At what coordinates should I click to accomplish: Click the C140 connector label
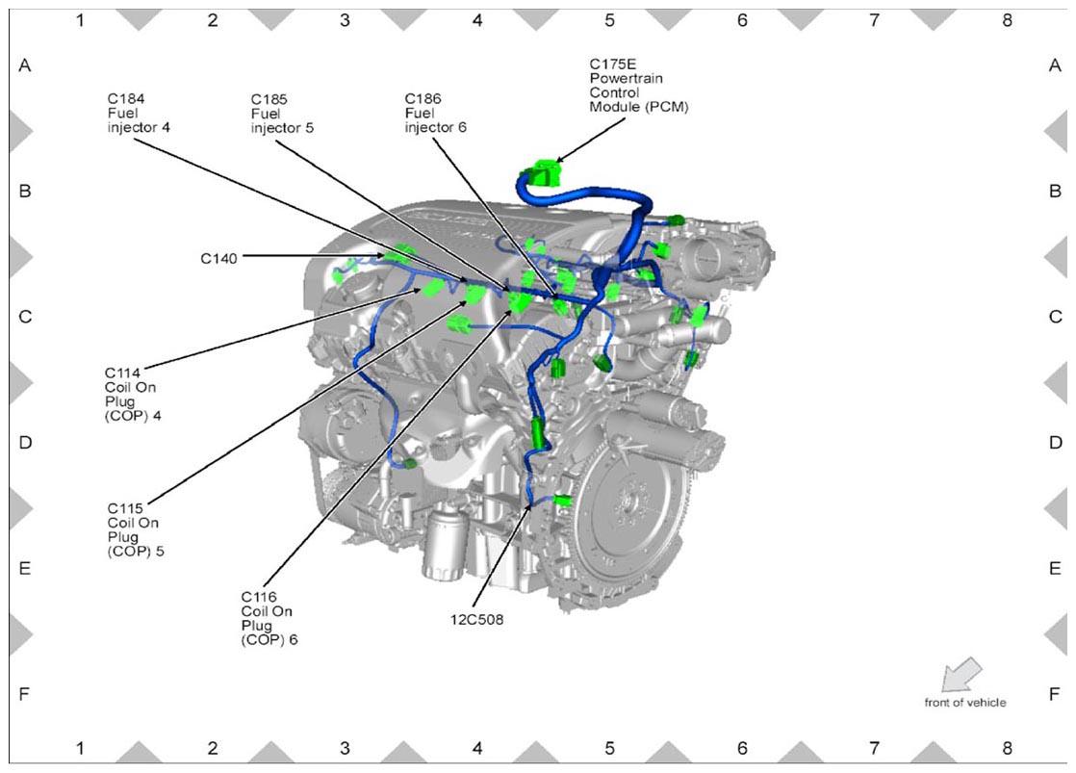pyautogui.click(x=218, y=259)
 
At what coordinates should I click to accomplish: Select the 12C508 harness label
pyautogui.click(x=476, y=619)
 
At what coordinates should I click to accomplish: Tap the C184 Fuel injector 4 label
pyautogui.click(x=139, y=114)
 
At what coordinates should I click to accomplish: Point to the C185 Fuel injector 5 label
pyautogui.click(x=282, y=114)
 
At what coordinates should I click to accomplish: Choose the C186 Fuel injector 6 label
pyautogui.click(x=436, y=114)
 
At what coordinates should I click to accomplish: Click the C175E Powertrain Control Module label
pyautogui.click(x=639, y=85)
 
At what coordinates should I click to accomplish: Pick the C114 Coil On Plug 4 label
pyautogui.click(x=133, y=394)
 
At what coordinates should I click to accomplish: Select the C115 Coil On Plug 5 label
pyautogui.click(x=136, y=529)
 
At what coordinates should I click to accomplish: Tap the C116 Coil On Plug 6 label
pyautogui.click(x=269, y=618)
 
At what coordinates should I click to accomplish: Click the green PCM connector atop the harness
pyautogui.click(x=545, y=172)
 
